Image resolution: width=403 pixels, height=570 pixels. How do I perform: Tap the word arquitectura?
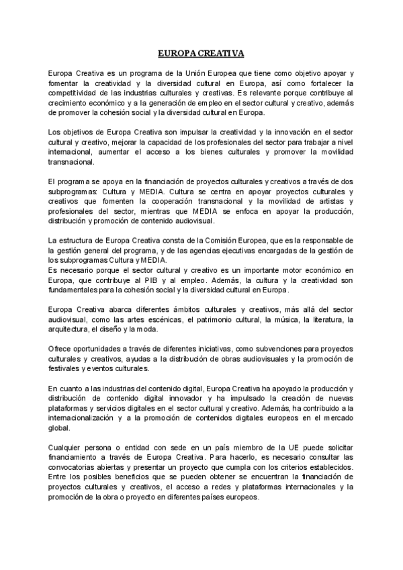69,330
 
